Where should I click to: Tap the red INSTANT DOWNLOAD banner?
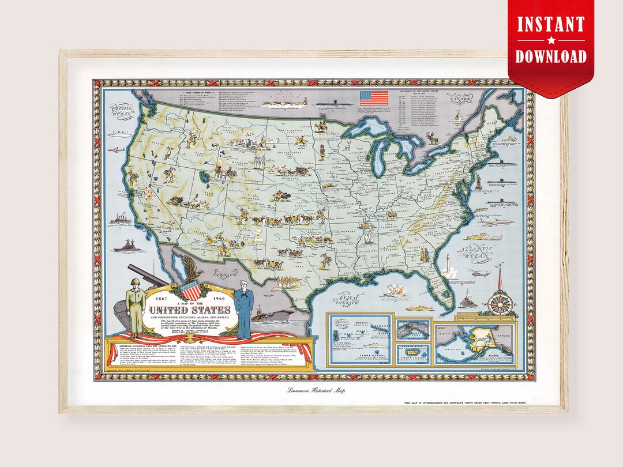(x=550, y=40)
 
